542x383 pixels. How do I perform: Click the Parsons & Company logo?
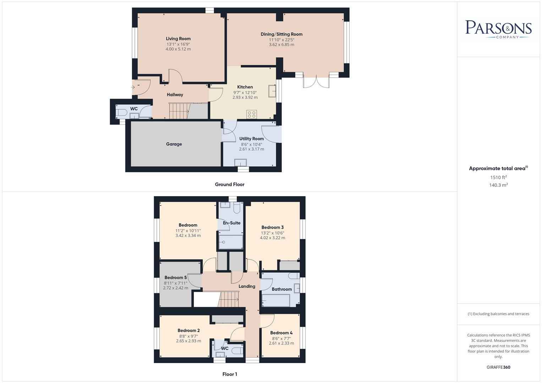point(498,29)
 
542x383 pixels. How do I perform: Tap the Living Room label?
point(178,39)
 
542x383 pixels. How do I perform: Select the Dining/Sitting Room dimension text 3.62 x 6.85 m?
point(281,45)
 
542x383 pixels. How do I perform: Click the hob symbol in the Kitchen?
point(252,114)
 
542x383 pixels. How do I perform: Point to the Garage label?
point(174,144)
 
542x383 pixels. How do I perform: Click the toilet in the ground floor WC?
point(121,113)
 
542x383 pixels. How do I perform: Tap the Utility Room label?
point(251,139)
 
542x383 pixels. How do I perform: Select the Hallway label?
point(175,95)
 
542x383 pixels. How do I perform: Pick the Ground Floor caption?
point(230,184)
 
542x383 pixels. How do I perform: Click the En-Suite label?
point(232,223)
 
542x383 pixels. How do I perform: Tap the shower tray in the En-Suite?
point(231,242)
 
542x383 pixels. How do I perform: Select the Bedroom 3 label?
point(273,227)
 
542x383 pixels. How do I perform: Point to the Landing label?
point(247,286)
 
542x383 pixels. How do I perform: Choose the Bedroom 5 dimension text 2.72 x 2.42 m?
point(176,288)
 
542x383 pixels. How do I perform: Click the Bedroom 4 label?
point(281,333)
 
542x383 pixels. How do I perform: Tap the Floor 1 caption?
point(230,374)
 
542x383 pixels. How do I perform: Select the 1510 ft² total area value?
point(498,177)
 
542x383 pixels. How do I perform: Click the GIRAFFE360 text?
point(498,367)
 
